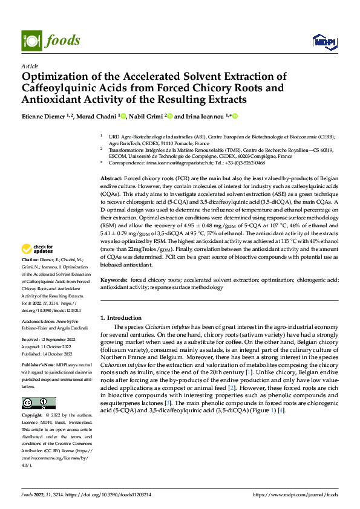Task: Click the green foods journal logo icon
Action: click(x=30, y=41)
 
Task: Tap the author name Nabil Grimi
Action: click(x=146, y=115)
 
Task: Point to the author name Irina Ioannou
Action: click(x=202, y=115)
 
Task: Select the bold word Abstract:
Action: click(x=111, y=180)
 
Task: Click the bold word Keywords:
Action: click(x=113, y=280)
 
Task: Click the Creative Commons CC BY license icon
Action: click(x=38, y=403)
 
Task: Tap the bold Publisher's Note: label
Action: click(x=38, y=366)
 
